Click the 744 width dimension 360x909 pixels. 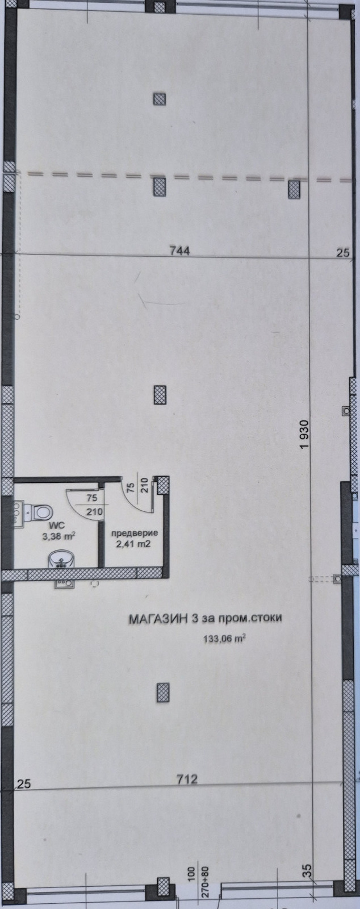pos(179,251)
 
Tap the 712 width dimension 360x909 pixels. pos(186,779)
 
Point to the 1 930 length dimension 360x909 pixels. pos(304,434)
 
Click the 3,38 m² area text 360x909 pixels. pos(58,536)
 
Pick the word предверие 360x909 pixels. pos(134,533)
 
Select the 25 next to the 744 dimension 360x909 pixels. pos(342,253)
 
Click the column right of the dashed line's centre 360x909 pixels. pos(294,189)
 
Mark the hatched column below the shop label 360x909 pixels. pos(162,693)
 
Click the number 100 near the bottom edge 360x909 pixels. pos(192,878)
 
